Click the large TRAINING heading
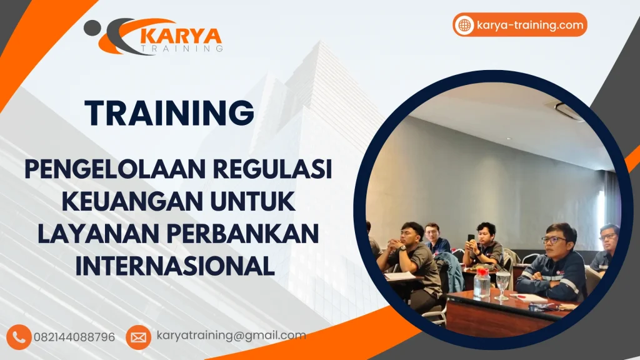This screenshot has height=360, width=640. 169,112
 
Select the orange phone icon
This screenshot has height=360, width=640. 19,337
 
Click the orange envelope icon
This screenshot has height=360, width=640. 138,337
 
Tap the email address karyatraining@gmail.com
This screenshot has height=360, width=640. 231,336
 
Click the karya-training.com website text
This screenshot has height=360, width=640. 530,25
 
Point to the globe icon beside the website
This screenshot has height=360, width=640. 464,25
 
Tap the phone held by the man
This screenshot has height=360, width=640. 471,238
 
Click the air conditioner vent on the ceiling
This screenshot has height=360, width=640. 569,112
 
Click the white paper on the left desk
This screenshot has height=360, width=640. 400,276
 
